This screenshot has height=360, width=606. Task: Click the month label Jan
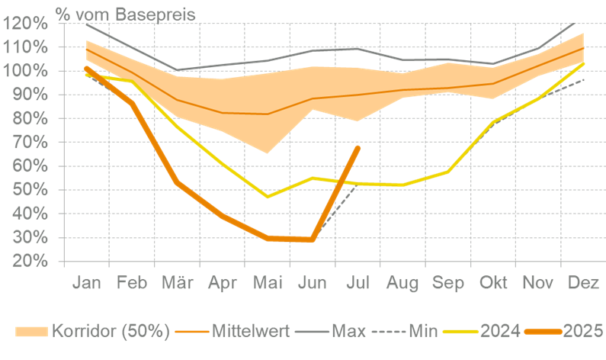[87, 283]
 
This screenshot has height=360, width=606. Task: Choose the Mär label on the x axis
[177, 283]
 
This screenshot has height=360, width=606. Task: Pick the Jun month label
[313, 283]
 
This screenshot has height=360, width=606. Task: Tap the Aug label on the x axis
[402, 283]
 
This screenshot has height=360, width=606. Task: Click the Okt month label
[494, 283]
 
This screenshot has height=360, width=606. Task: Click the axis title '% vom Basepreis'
[125, 13]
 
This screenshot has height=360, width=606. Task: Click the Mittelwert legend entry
[237, 331]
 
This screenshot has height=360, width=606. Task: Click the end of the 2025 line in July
[358, 146]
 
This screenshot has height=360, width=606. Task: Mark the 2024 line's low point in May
[268, 197]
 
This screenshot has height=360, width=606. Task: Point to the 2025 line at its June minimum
[313, 239]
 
